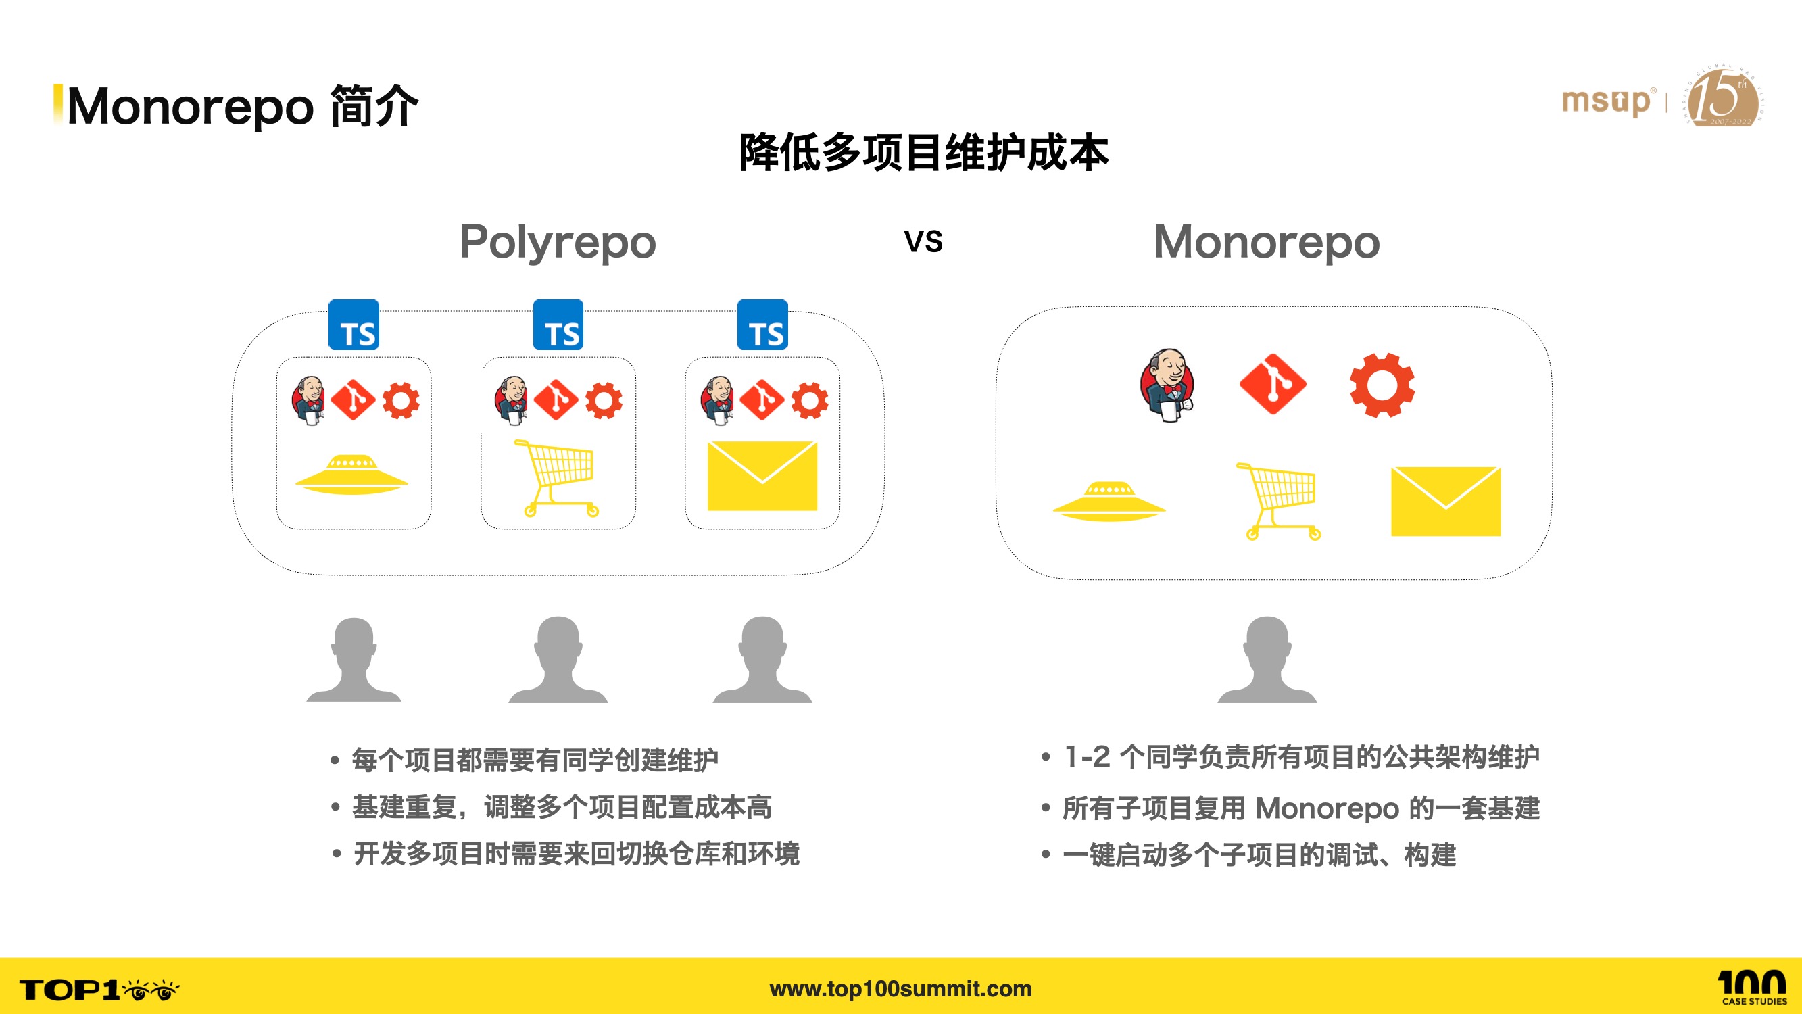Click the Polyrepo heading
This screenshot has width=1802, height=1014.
[558, 243]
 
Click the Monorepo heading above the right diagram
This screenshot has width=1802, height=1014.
[1266, 243]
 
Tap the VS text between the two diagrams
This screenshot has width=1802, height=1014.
[923, 241]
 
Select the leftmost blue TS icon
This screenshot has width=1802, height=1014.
[354, 325]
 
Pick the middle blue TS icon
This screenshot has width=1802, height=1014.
[558, 325]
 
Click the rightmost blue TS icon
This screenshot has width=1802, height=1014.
[762, 325]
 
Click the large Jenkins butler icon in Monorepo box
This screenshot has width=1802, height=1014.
[1166, 385]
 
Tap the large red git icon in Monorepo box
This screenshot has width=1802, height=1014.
[1273, 384]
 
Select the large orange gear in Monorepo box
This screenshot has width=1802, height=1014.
[1382, 385]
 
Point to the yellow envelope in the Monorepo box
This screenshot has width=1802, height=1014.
[1445, 501]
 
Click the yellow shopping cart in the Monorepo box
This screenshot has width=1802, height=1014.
[1278, 501]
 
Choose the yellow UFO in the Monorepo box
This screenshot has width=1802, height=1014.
[1109, 501]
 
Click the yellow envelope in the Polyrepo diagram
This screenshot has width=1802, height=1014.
[762, 476]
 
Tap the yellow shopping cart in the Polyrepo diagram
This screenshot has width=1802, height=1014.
[558, 478]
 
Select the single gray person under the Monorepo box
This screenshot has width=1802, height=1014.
[1267, 659]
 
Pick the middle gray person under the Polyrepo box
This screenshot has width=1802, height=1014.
[558, 659]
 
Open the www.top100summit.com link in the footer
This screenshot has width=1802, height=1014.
[900, 988]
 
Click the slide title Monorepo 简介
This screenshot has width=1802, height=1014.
[242, 106]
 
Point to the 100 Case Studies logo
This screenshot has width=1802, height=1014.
[1753, 988]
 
